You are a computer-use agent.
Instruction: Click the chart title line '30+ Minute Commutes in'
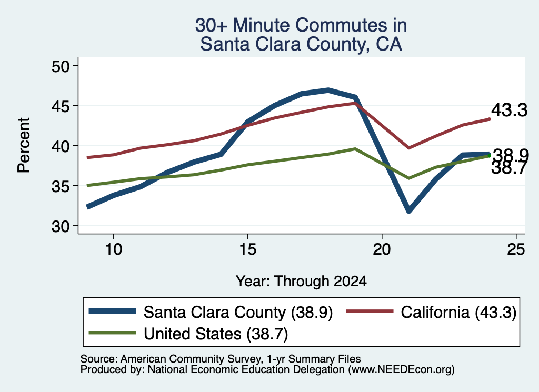pos(301,25)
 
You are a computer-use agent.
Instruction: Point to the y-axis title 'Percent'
pos(24,145)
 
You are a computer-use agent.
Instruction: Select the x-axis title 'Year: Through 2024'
pos(301,281)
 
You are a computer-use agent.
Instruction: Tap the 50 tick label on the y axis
pos(61,66)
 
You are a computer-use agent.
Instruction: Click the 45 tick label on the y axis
pos(61,106)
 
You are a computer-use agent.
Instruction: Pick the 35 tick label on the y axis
pos(61,186)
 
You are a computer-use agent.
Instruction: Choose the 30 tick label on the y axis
pos(61,226)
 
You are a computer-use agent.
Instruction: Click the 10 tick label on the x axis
pos(114,249)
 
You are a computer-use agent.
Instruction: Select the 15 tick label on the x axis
pos(248,249)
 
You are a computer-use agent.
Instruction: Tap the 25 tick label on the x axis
pos(516,249)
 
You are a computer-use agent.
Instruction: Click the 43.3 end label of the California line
pos(509,110)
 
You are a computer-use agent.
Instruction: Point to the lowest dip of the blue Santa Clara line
pos(408,210)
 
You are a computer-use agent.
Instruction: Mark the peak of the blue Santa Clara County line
pos(328,90)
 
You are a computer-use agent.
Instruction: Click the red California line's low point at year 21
pos(408,148)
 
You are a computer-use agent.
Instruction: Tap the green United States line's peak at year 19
pos(355,149)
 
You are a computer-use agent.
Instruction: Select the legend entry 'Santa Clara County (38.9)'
pos(238,313)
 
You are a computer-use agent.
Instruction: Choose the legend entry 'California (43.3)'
pos(458,313)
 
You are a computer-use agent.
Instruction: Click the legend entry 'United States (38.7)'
pos(215,334)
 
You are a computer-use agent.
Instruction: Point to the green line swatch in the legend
pos(113,333)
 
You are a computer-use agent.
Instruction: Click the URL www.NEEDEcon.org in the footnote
pos(401,370)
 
